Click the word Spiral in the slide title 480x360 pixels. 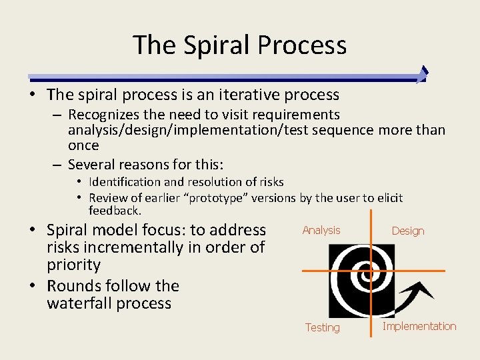click(217, 45)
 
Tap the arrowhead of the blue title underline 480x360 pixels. click(422, 74)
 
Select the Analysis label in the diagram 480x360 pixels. click(321, 231)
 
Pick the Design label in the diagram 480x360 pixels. click(408, 231)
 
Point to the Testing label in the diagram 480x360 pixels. click(323, 328)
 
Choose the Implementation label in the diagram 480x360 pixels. click(419, 327)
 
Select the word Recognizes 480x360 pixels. click(103, 115)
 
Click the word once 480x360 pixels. click(83, 145)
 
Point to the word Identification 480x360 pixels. click(125, 182)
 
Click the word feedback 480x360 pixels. click(114, 211)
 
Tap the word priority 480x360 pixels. click(73, 265)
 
